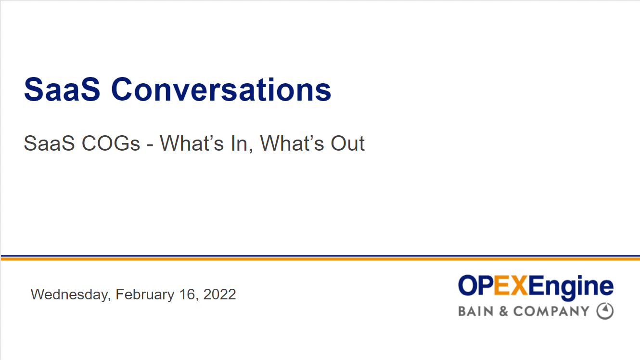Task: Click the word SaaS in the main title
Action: (62, 90)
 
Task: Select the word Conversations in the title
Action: (221, 90)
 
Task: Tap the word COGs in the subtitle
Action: (111, 143)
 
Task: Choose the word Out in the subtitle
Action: (347, 143)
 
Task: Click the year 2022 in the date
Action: (219, 295)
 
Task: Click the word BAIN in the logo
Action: (475, 311)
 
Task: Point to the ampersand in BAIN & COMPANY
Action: (503, 311)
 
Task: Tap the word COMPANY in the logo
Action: (551, 311)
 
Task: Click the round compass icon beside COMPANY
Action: (605, 311)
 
